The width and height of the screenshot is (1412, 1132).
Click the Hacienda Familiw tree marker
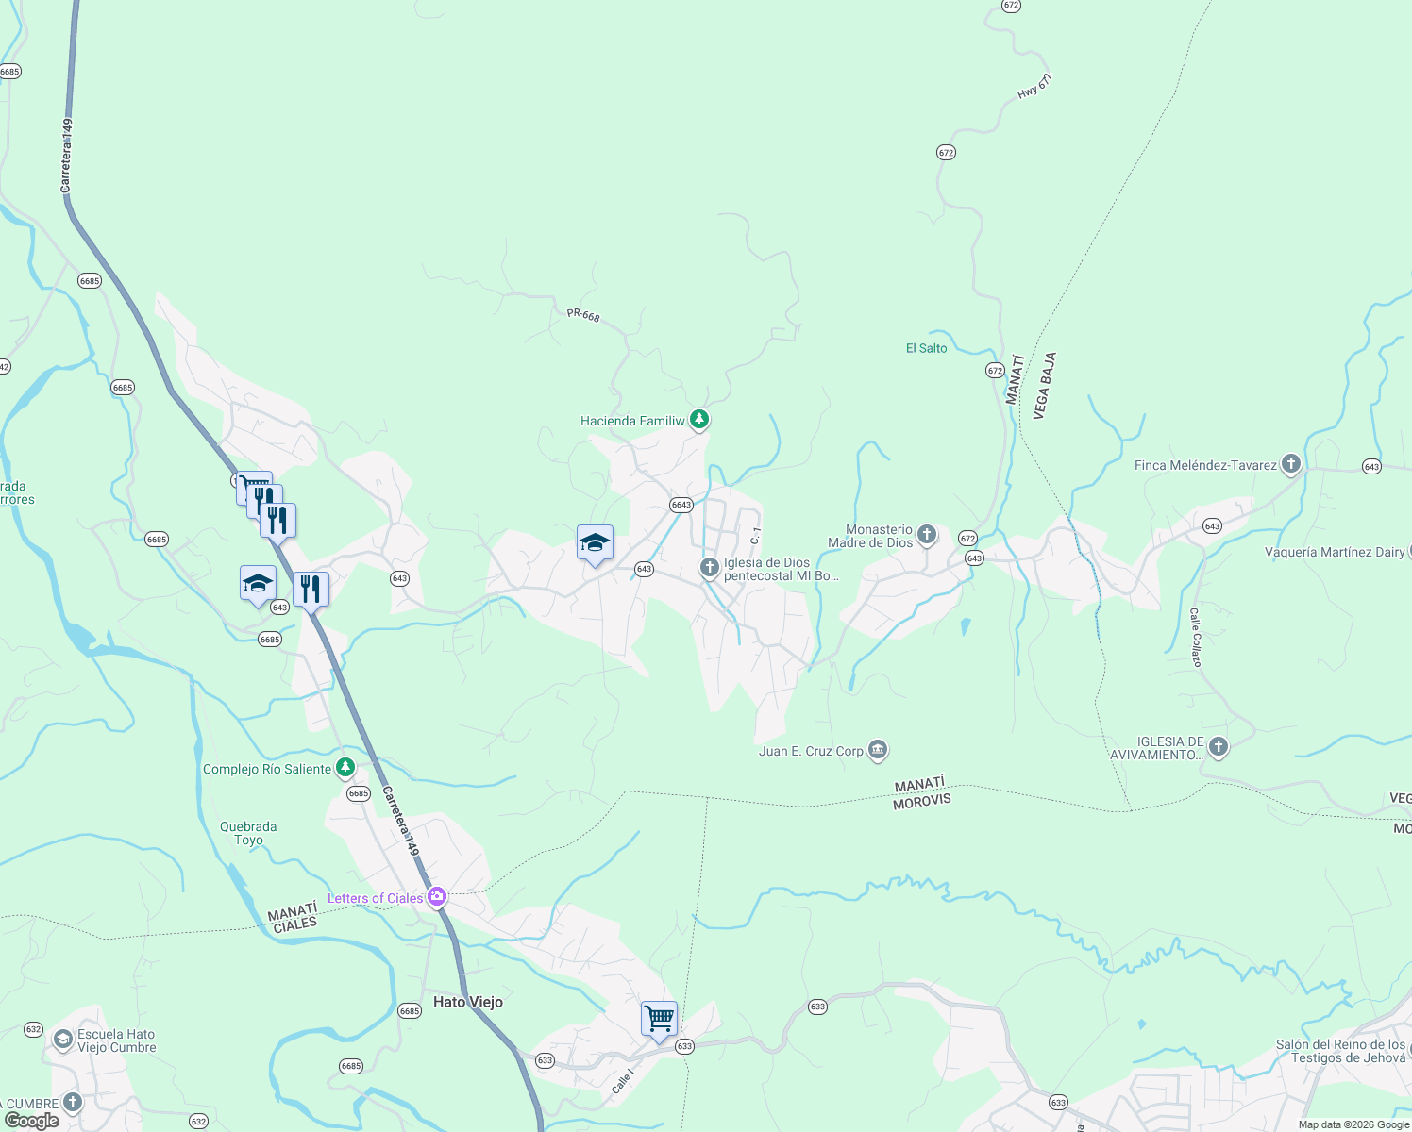tap(698, 419)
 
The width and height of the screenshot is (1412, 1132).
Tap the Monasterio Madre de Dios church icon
tap(927, 536)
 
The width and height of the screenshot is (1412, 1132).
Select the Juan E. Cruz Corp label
tap(811, 751)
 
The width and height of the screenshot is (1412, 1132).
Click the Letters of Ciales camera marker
tap(436, 897)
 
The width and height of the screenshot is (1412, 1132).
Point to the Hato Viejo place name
tap(467, 1002)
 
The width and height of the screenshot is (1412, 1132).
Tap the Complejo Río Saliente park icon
tap(345, 768)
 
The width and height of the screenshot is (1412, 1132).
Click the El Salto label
tap(926, 348)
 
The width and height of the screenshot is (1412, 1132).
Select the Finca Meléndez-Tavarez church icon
tap(1290, 464)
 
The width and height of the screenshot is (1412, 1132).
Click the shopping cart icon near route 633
tap(659, 1020)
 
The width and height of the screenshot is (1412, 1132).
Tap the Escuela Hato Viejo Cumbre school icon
tap(62, 1040)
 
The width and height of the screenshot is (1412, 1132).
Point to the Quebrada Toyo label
tap(248, 833)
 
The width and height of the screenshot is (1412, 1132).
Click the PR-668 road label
tap(583, 314)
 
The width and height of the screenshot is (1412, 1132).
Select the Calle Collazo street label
tap(1195, 637)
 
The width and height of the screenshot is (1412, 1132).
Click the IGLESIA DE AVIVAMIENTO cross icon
tap(1218, 748)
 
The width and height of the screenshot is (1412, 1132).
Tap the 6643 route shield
tap(681, 505)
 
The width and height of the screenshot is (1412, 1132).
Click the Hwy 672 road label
tap(1034, 87)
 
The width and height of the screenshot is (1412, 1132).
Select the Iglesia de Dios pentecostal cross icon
tap(709, 568)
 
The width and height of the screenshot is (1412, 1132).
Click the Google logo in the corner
tap(32, 1121)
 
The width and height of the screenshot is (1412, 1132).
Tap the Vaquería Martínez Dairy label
tap(1335, 552)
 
